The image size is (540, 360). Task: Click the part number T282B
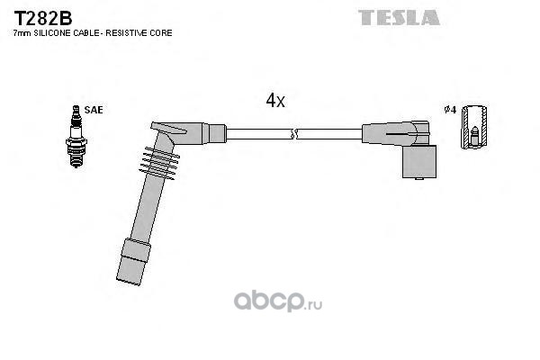tap(43, 18)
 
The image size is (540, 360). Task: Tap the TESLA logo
tap(399, 17)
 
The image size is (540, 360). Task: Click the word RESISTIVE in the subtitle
tap(126, 33)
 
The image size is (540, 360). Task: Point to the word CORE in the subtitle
tap(161, 33)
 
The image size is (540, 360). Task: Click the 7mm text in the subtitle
tap(22, 33)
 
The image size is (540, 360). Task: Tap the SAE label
tap(94, 110)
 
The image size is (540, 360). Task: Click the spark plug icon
tap(76, 137)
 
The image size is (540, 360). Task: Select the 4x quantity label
tap(275, 100)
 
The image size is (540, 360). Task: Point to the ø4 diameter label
tap(450, 110)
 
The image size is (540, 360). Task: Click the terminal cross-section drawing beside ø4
tap(474, 127)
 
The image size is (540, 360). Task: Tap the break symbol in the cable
tap(293, 134)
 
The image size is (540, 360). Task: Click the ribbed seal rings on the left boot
tap(159, 163)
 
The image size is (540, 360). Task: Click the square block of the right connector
tap(419, 162)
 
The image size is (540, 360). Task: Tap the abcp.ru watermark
tap(277, 301)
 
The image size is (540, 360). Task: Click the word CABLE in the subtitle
tap(85, 33)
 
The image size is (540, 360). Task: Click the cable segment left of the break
tap(258, 134)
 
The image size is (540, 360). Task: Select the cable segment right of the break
tap(329, 134)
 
